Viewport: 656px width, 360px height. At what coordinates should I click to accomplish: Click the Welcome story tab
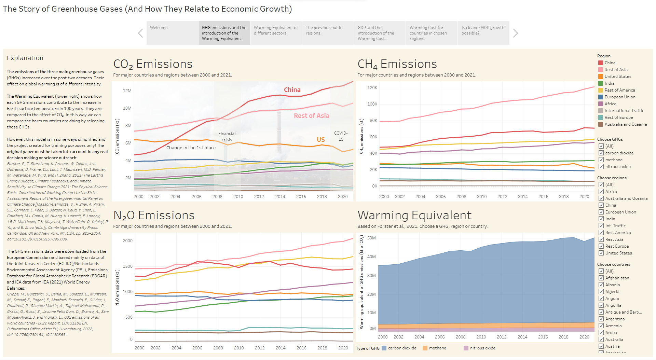click(172, 33)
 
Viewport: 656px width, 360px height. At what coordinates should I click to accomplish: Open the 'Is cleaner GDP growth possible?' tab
click(483, 33)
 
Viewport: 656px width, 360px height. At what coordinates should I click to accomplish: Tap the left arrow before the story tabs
click(140, 33)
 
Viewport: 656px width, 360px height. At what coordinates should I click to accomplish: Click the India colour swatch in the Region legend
click(601, 83)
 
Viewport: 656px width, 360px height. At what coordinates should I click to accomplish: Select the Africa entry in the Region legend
click(610, 104)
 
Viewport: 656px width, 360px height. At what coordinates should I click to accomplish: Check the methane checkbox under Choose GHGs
click(601, 160)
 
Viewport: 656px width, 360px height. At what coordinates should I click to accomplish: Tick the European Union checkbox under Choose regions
click(601, 212)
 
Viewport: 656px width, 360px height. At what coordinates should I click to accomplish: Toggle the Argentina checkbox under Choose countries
click(601, 319)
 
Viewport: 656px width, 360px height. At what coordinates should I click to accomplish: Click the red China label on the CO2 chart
click(292, 90)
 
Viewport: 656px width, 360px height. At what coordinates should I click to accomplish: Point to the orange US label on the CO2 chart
click(320, 139)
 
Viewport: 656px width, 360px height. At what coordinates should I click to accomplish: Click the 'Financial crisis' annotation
click(227, 137)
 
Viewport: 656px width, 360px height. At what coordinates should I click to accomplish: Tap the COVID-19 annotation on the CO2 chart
click(341, 136)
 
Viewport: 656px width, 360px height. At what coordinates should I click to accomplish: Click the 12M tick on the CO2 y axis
click(127, 91)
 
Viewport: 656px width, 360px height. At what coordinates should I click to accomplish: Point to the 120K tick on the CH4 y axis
click(372, 88)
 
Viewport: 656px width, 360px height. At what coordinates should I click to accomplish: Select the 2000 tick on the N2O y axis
click(127, 241)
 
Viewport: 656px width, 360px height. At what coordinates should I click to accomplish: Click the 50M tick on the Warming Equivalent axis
click(371, 238)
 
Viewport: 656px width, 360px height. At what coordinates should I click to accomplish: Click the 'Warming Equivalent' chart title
click(414, 215)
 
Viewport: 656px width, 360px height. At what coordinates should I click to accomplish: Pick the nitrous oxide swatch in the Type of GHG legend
click(466, 348)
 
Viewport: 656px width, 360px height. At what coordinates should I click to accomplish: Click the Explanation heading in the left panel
click(25, 58)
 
